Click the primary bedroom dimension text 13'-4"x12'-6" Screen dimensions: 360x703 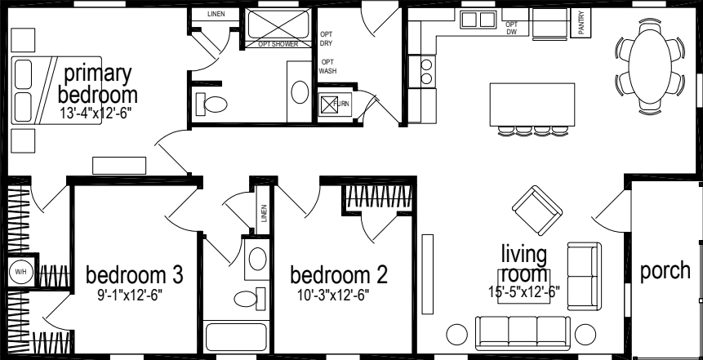point(96,113)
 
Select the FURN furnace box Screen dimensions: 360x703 point(331,104)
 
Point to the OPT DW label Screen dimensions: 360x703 point(512,29)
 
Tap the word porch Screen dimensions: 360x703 point(665,270)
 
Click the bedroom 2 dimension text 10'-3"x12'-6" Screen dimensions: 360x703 point(337,295)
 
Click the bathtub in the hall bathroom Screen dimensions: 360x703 point(234,338)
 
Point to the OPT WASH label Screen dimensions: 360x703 point(327,66)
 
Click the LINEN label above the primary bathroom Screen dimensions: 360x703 point(216,14)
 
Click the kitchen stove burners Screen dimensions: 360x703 point(425,72)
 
